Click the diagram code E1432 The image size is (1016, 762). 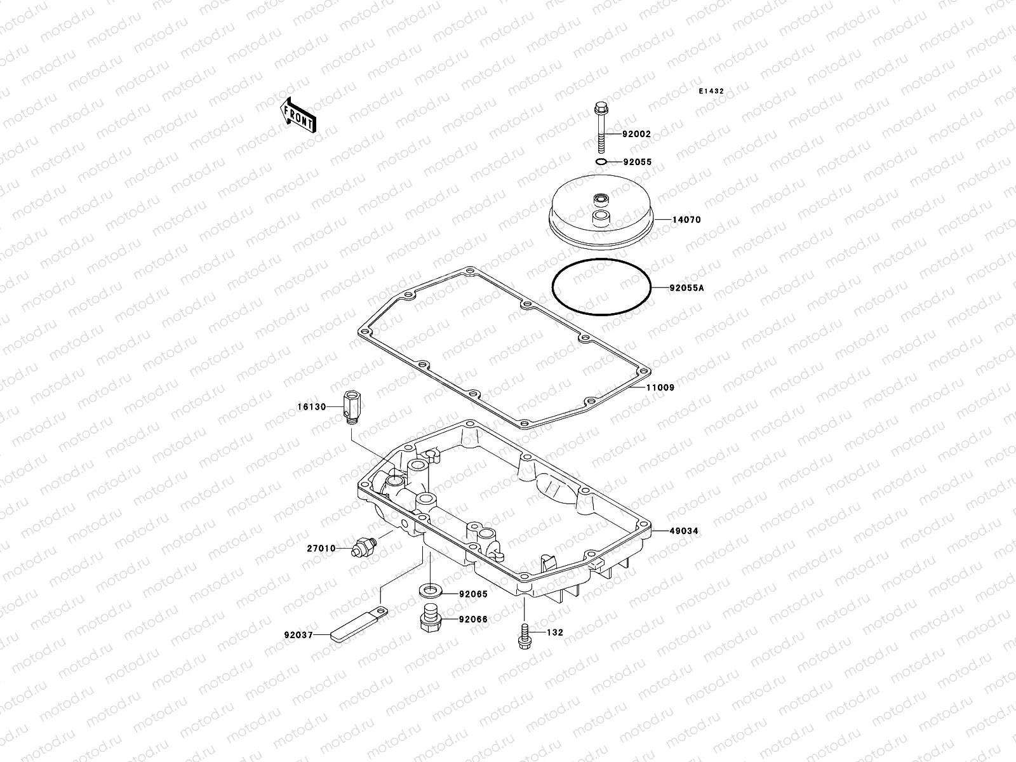pyautogui.click(x=711, y=91)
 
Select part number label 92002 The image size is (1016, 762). pyautogui.click(x=636, y=135)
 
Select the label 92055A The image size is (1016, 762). pyautogui.click(x=686, y=288)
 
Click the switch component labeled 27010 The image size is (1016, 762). pyautogui.click(x=364, y=546)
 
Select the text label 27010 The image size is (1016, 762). pyautogui.click(x=321, y=548)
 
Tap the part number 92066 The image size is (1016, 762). pyautogui.click(x=474, y=619)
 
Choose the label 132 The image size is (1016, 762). pyautogui.click(x=555, y=633)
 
